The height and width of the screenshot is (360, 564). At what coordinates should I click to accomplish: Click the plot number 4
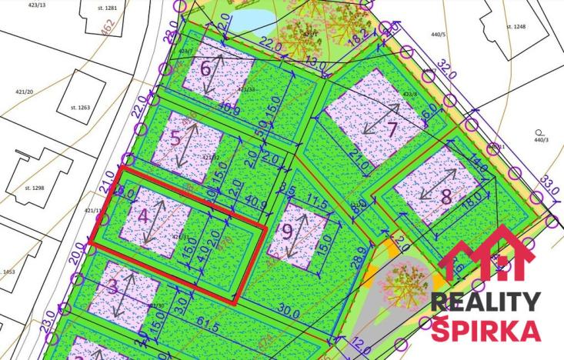coord(143,216)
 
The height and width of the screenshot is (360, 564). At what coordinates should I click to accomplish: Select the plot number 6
coord(205,68)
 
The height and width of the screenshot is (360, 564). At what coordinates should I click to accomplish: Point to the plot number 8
coord(446,195)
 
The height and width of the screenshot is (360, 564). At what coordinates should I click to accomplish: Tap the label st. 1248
coord(515,26)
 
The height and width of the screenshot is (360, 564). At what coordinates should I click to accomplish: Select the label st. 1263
coord(79,107)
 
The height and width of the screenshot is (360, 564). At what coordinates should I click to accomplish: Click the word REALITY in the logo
coord(485,301)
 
